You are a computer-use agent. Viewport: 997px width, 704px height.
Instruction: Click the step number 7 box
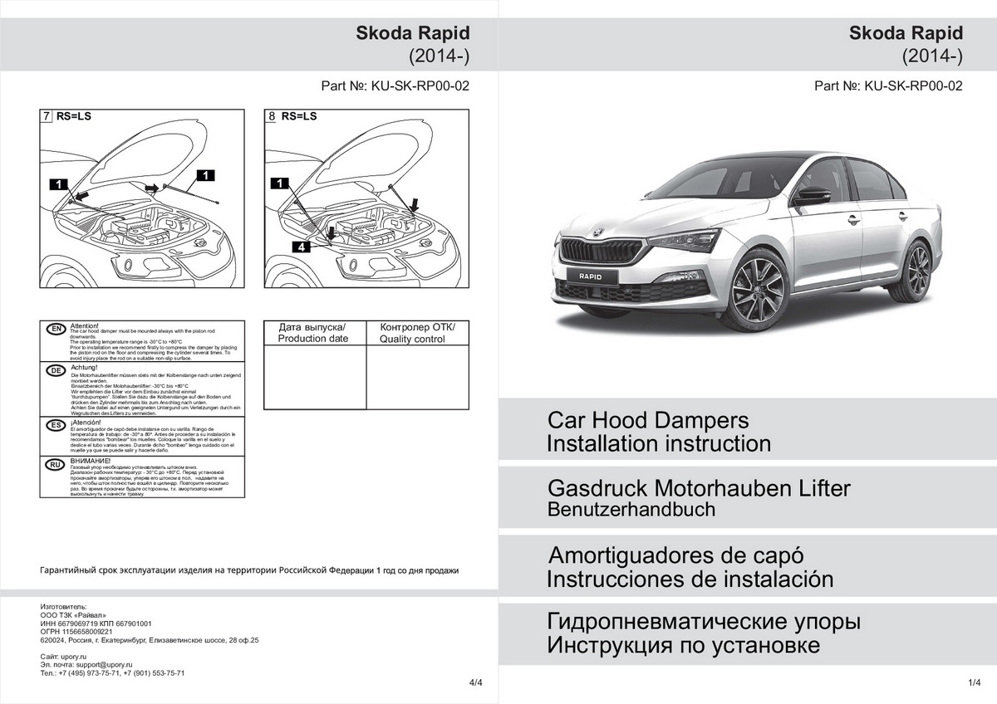pos(47,117)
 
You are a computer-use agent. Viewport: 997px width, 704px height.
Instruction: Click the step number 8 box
pos(271,117)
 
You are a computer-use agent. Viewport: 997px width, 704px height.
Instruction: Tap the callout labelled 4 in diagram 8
pos(302,247)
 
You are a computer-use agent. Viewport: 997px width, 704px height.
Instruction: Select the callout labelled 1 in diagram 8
pos(280,183)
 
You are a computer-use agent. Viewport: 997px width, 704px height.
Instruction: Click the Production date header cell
pos(314,332)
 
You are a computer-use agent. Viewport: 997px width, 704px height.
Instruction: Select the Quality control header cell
pos(418,332)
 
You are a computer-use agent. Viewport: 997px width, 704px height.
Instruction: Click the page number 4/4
pos(475,682)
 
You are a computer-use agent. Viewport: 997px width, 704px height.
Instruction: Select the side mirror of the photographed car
pos(812,196)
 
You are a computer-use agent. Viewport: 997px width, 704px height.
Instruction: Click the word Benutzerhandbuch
pos(631,510)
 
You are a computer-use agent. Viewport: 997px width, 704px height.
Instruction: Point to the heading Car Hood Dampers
pos(647,420)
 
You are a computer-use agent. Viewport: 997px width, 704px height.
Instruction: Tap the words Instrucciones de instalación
pos(689,579)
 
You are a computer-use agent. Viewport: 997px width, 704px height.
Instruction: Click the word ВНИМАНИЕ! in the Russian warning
pos(91,461)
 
